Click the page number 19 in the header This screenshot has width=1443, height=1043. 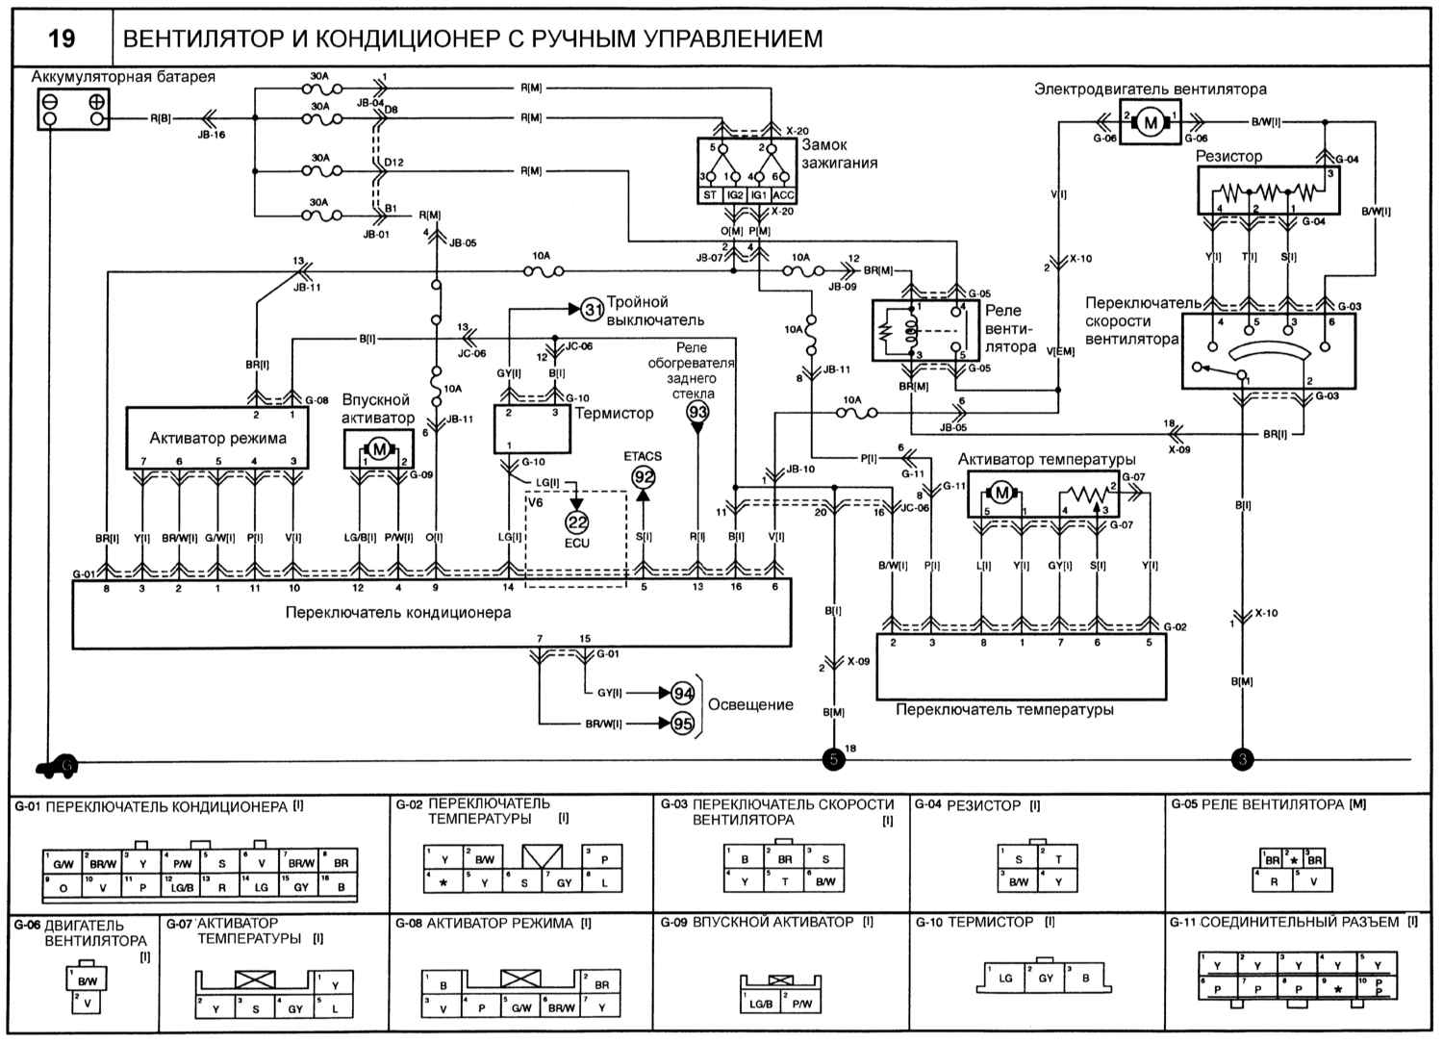pos(62,38)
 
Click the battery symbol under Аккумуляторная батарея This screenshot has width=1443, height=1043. pos(72,110)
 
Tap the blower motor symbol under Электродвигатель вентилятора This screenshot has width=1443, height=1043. pos(1150,122)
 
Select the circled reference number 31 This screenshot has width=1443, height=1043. pos(594,309)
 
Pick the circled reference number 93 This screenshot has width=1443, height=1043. pos(697,412)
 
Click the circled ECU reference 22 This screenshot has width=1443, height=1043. pos(577,522)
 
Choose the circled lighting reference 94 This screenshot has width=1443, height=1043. pos(682,693)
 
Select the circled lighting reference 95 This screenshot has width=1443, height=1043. pos(682,724)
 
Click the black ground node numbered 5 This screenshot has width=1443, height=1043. pos(833,760)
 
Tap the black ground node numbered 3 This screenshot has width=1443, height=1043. pos(1242,760)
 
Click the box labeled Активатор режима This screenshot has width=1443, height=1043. pos(217,438)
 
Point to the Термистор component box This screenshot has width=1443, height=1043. pos(533,429)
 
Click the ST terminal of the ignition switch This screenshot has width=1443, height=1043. pos(710,195)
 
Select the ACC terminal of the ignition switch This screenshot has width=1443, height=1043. pos(783,195)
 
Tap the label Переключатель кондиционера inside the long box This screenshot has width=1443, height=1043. pos(398,612)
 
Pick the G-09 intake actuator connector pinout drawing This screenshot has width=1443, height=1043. pos(781,995)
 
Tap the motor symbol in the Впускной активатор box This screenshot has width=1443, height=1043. pos(379,448)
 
